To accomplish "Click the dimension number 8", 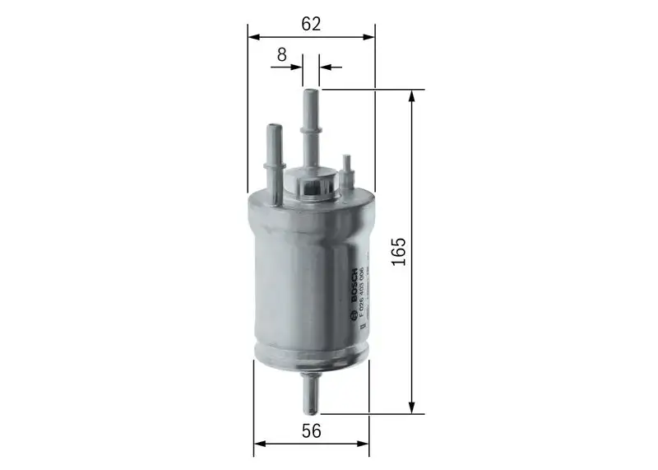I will pyautogui.click(x=281, y=55).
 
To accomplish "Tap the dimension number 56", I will pyautogui.click(x=310, y=430).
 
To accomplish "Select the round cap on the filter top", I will pyautogui.click(x=312, y=185).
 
